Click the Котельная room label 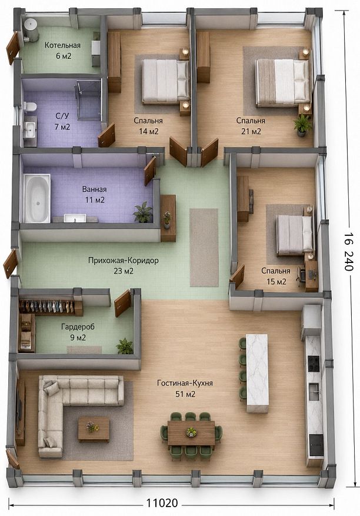(62, 45)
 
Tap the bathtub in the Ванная (36, 198)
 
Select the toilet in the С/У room (30, 106)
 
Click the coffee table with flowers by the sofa (94, 429)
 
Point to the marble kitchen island (257, 373)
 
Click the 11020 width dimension (162, 503)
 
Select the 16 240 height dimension (349, 252)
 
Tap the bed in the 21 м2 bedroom (283, 82)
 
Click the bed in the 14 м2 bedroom (165, 81)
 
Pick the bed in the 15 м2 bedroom (295, 235)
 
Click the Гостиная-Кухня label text (185, 383)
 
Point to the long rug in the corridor (204, 247)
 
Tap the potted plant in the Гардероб (125, 346)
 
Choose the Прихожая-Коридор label (124, 260)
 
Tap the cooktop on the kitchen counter (313, 364)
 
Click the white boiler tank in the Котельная (31, 30)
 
